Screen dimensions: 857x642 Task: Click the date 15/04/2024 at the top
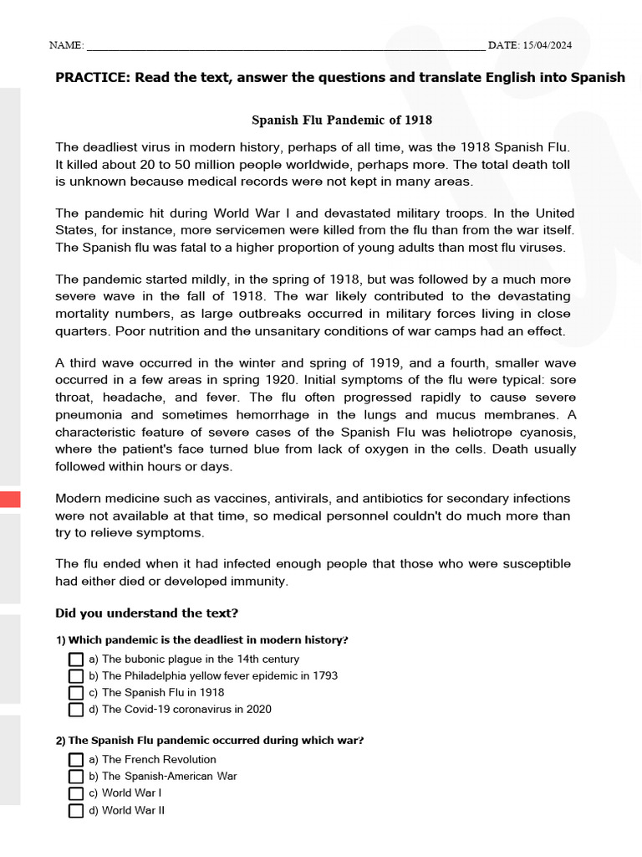point(553,44)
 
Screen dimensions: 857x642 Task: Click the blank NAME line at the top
point(284,46)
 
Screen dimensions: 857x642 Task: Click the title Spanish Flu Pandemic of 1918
point(342,120)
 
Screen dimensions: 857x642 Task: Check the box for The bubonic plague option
point(76,659)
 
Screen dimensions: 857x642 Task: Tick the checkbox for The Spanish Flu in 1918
point(76,693)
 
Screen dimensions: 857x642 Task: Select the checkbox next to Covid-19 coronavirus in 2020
point(76,710)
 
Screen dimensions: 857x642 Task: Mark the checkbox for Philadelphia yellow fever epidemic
point(76,676)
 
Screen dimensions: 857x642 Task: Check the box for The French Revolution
point(76,760)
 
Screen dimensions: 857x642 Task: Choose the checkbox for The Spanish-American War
point(76,777)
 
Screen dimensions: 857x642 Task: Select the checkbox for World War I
point(76,793)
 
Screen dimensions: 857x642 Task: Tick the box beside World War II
point(76,810)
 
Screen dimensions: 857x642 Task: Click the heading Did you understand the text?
point(146,613)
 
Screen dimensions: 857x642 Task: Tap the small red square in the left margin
point(10,500)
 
